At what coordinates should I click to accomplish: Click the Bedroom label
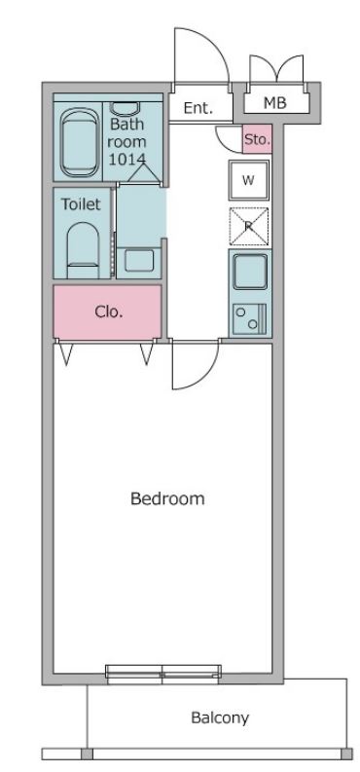pos(167,498)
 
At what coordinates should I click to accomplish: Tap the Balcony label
pos(220,717)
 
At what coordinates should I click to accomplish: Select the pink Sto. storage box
pos(257,139)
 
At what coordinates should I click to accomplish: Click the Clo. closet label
pos(108,312)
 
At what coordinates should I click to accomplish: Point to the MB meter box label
pos(275,103)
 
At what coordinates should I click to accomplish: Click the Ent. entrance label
pos(198,108)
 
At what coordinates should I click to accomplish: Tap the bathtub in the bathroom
pos(78,143)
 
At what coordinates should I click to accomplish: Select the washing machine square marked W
pos(249,180)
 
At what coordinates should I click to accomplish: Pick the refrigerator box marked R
pos(249,226)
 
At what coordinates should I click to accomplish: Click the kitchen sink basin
pos(250,273)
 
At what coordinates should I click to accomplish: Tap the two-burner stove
pos(250,318)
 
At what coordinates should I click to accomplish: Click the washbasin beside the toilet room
pos(139,261)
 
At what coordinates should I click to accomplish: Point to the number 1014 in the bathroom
pos(127,159)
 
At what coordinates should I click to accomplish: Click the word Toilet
pos(81,203)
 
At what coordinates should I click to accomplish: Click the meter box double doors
pos(276,68)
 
